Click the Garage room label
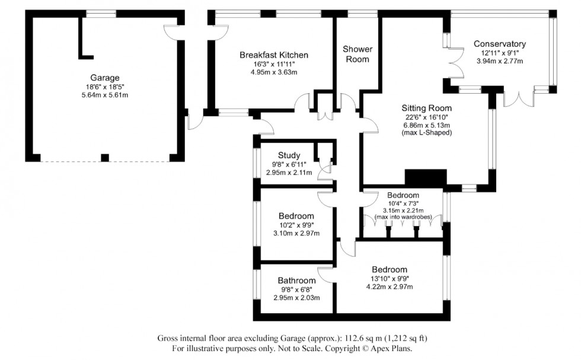click(104, 78)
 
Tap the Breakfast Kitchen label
click(273, 55)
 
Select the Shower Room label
click(357, 54)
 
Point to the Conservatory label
click(499, 44)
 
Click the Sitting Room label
click(426, 108)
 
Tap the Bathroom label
click(296, 281)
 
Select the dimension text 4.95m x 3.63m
click(273, 72)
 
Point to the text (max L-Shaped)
click(426, 133)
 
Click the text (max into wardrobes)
click(403, 217)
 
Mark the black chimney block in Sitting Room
click(425, 177)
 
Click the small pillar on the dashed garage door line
click(105, 158)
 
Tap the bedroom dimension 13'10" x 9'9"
click(390, 278)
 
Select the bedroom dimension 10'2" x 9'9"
click(296, 225)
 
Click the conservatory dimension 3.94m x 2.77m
click(499, 60)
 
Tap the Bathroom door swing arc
click(325, 274)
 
